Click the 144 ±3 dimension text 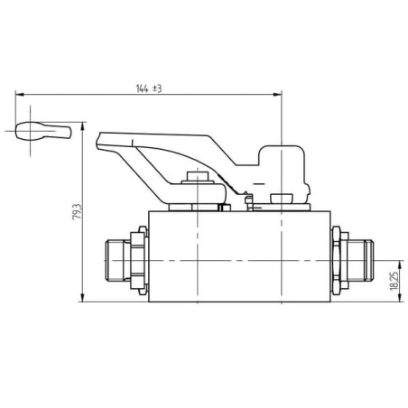tap(149, 88)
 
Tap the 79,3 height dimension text tap(77, 211)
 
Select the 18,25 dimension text tap(394, 281)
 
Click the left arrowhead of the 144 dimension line tap(20, 95)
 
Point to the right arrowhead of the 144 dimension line tap(277, 95)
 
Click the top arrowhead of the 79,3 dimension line tap(82, 126)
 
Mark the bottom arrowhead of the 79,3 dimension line tap(82, 297)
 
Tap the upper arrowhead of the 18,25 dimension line tap(400, 264)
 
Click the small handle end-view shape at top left tap(43, 131)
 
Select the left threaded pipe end tap(115, 260)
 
